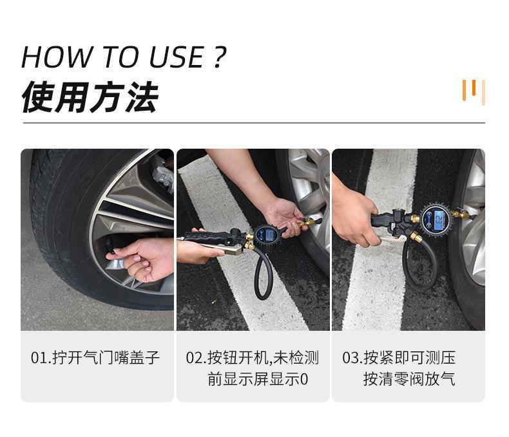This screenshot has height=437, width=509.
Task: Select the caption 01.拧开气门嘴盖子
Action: click(x=95, y=358)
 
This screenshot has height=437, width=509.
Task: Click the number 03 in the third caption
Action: click(x=351, y=358)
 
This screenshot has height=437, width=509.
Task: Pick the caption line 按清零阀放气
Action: click(x=408, y=380)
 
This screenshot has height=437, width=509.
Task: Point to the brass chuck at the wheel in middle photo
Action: click(x=309, y=222)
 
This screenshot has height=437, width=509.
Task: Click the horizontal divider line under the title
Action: click(x=254, y=122)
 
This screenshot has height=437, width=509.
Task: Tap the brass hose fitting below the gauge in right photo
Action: click(x=416, y=237)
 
